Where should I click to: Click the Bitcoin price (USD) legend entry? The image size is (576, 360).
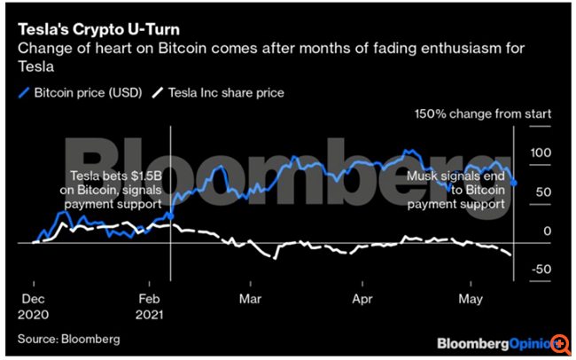[x=84, y=91]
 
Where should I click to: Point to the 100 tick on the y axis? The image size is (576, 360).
[x=540, y=153]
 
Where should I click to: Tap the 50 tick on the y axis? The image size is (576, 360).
[x=542, y=192]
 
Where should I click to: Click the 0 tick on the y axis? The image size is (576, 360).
[x=548, y=231]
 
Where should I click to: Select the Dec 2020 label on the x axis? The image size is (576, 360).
[x=34, y=307]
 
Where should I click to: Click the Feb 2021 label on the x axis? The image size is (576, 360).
[x=151, y=307]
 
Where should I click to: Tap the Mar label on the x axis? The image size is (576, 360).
[x=253, y=300]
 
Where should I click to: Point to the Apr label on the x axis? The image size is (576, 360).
[x=362, y=300]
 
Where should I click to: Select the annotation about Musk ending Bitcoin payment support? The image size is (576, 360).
[x=455, y=191]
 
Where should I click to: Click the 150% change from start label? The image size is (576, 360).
[x=484, y=114]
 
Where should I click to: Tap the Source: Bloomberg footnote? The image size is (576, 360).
[x=68, y=338]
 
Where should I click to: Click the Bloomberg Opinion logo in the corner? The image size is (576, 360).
[x=492, y=341]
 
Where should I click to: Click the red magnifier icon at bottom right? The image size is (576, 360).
[x=560, y=342]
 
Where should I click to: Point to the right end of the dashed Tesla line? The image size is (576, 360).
[x=512, y=256]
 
